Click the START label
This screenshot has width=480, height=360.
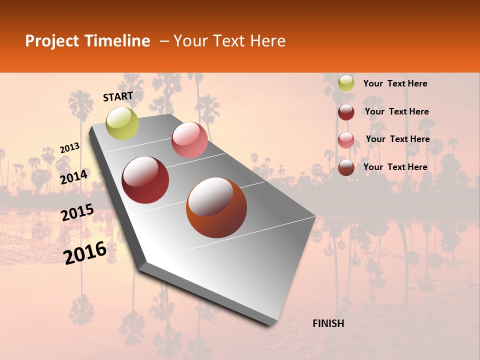(118, 96)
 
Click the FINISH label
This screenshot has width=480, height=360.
(328, 323)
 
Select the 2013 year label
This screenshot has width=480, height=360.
(69, 148)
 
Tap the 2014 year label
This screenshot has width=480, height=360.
(74, 177)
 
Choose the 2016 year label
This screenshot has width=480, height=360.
(85, 253)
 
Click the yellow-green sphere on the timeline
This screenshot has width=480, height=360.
(122, 123)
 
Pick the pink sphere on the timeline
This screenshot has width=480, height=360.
(189, 140)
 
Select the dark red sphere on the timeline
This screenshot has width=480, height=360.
(145, 180)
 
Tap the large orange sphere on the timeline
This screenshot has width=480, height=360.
(216, 207)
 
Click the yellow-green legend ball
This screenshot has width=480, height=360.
(346, 83)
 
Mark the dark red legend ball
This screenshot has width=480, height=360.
(346, 112)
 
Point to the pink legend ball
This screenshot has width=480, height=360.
(346, 140)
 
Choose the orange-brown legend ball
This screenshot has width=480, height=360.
(346, 167)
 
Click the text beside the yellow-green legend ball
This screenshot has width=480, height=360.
(395, 83)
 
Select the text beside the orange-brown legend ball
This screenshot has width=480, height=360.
(395, 167)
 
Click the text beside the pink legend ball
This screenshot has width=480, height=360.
(397, 139)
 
